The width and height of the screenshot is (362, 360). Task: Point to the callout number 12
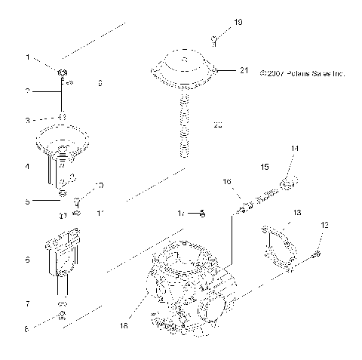coord(325,225)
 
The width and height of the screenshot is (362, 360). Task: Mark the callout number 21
coord(243,70)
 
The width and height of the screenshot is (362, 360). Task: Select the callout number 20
coord(219,125)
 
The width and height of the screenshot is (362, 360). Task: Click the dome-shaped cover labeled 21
coord(183,68)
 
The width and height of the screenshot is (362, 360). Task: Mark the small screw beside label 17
coord(202,214)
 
